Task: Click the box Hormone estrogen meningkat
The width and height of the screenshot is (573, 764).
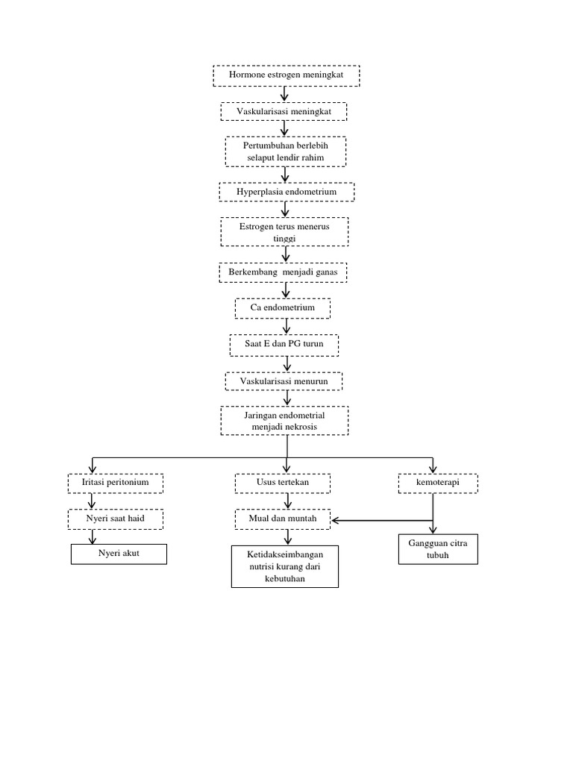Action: (x=286, y=76)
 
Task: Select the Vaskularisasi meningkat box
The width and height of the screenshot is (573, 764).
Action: (x=284, y=111)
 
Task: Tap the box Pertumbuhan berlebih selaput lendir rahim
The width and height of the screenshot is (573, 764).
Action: (x=286, y=151)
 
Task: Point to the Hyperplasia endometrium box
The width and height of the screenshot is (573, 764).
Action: (x=286, y=192)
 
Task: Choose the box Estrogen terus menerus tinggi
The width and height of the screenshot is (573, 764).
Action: (x=285, y=231)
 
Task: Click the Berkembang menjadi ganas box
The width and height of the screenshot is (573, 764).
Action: (x=284, y=273)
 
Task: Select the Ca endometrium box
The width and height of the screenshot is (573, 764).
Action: (x=283, y=307)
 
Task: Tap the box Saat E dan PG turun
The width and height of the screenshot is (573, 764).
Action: (x=284, y=345)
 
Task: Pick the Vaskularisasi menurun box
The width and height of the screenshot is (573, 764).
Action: (x=284, y=381)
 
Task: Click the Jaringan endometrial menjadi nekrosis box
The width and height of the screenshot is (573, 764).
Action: (x=284, y=420)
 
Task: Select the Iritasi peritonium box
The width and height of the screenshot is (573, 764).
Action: (x=116, y=483)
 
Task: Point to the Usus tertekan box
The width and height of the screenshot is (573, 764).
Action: (x=283, y=483)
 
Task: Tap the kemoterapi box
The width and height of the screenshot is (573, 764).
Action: (x=437, y=483)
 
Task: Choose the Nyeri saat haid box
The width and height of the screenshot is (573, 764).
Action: (x=115, y=519)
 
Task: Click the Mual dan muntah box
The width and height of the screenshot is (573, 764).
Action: (x=283, y=519)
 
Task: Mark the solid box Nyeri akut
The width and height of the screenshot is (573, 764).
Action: (x=119, y=554)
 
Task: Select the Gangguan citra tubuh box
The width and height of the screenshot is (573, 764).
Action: (x=437, y=548)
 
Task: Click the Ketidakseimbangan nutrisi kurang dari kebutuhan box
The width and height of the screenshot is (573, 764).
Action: (x=284, y=566)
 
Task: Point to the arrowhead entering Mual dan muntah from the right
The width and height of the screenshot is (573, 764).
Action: (x=336, y=519)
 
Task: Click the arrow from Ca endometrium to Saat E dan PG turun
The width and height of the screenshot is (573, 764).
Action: (x=286, y=326)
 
